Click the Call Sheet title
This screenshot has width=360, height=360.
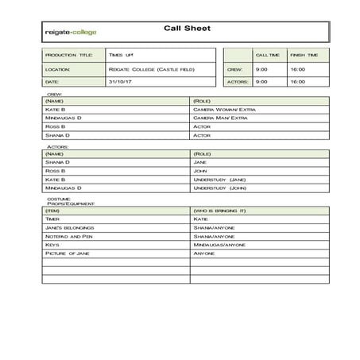click(187, 28)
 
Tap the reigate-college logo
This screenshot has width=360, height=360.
click(72, 33)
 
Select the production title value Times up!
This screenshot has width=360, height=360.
click(122, 55)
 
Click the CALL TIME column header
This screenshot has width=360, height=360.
click(267, 55)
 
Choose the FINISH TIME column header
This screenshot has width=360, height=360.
click(304, 55)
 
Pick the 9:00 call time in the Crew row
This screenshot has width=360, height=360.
click(261, 69)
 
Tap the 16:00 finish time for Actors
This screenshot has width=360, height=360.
click(297, 81)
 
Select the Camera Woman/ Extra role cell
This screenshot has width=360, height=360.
click(225, 109)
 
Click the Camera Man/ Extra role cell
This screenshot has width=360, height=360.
click(221, 118)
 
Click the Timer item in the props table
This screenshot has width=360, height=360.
click(53, 219)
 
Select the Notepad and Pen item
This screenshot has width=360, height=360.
click(70, 236)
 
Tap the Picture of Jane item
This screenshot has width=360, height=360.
click(68, 254)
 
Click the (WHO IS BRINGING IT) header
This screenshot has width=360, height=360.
click(220, 210)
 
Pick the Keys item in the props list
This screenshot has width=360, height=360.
click(52, 245)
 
